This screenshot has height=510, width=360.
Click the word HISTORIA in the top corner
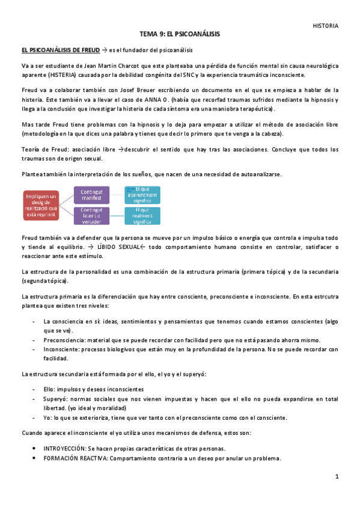pyautogui.click(x=326, y=26)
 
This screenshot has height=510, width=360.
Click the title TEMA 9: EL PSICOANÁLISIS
pyautogui.click(x=180, y=35)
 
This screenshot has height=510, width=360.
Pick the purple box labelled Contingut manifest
pyautogui.click(x=92, y=194)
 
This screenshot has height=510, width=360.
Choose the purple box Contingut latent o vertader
pyautogui.click(x=92, y=215)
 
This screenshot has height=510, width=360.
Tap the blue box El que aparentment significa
pyautogui.click(x=142, y=194)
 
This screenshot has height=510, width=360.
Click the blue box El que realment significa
pyautogui.click(x=142, y=215)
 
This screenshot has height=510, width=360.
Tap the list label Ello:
pyautogui.click(x=49, y=389)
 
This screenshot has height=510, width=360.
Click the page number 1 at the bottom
pyautogui.click(x=337, y=476)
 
